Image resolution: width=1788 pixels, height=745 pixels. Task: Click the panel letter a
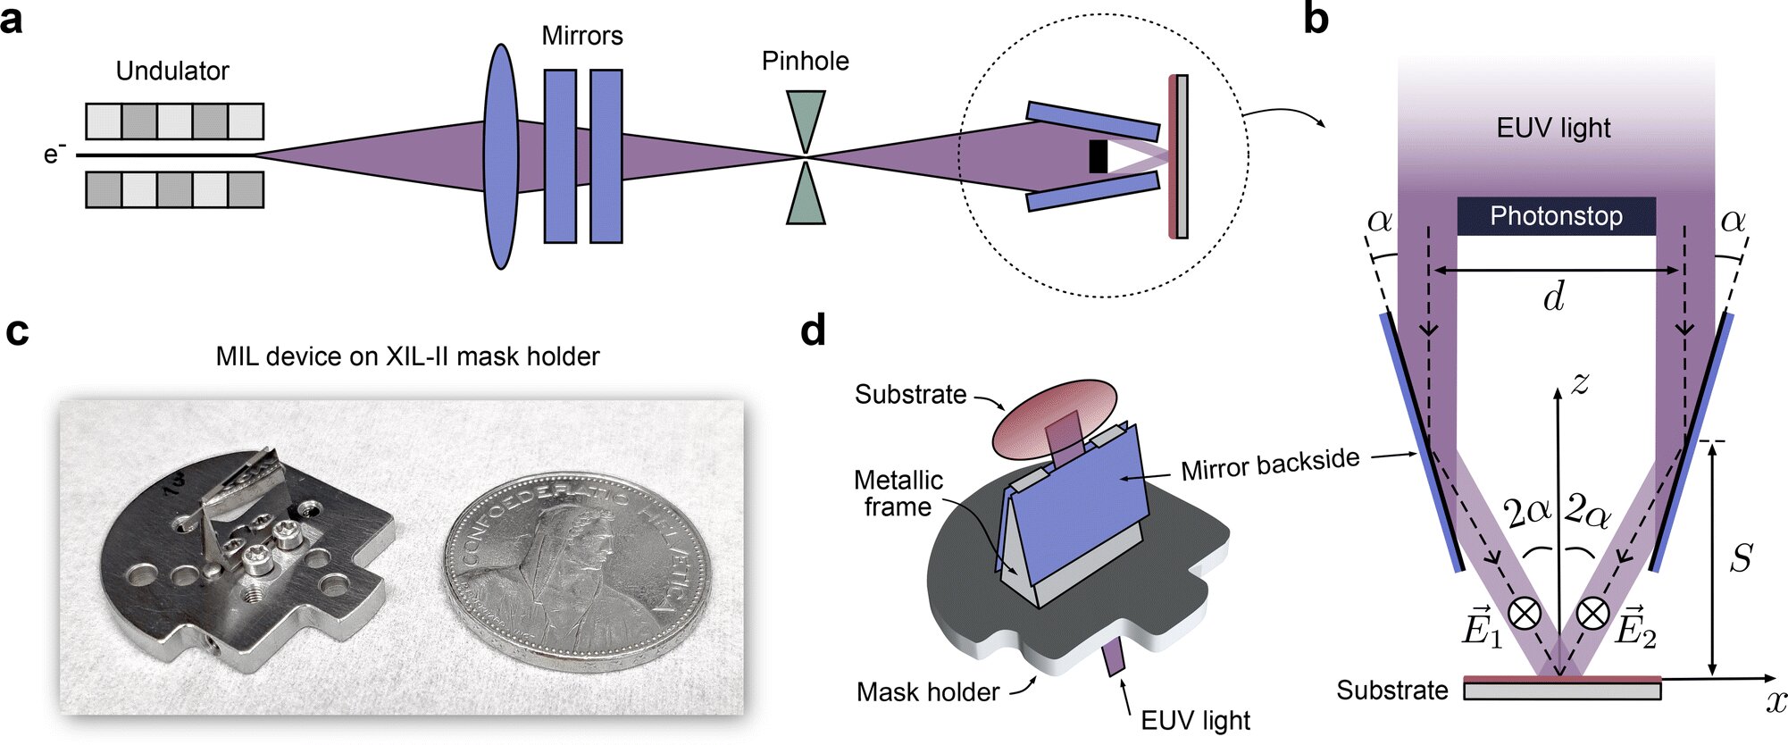coord(13,20)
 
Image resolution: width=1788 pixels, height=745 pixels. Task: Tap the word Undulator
coord(172,71)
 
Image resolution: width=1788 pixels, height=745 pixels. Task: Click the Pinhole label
coord(805,61)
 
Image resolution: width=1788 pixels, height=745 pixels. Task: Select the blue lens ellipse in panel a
coord(502,156)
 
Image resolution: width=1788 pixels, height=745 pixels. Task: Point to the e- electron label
coord(54,155)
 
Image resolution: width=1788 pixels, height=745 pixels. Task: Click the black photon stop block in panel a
coord(1098,156)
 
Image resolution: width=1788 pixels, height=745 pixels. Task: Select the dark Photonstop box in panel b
coord(1556,216)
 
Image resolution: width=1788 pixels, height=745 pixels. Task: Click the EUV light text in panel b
coord(1553,128)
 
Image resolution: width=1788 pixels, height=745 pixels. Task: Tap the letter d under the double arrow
coord(1554,297)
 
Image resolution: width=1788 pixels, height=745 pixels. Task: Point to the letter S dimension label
coord(1741,558)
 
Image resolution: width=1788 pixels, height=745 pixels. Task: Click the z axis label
coord(1580,382)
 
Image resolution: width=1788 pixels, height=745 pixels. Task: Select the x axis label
coord(1775,702)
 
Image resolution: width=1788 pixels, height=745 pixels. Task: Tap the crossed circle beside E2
coord(1592,614)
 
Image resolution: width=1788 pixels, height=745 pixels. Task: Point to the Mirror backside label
coord(1269,465)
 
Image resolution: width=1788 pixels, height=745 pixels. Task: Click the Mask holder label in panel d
coord(928,691)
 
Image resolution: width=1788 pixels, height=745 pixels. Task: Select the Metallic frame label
coord(898,493)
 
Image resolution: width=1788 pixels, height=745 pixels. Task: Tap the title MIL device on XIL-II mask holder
coord(407,356)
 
